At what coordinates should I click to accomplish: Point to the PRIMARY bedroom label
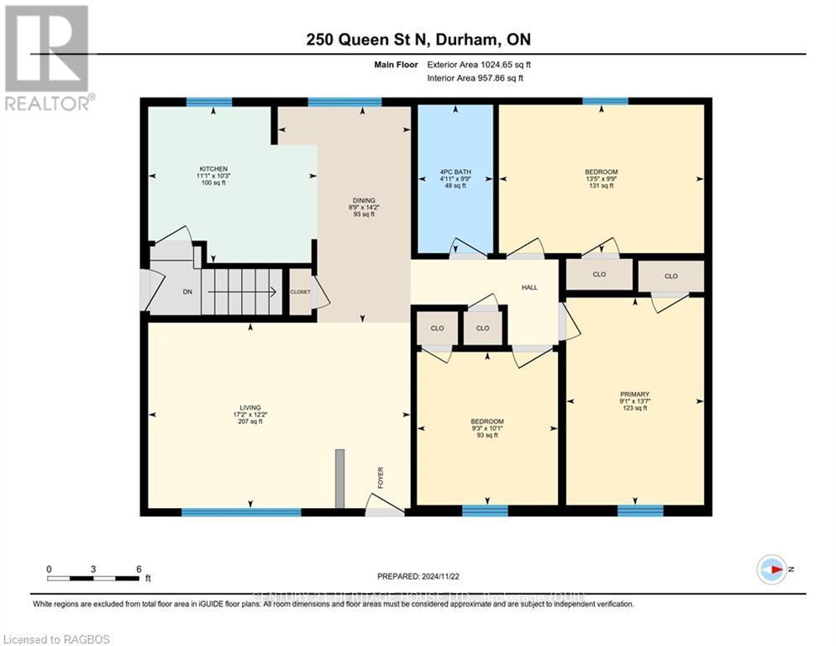[634, 394]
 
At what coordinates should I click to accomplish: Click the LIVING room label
[250, 405]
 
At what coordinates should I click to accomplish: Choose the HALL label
[529, 288]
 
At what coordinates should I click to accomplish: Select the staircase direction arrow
[243, 292]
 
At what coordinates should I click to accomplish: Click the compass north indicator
[770, 569]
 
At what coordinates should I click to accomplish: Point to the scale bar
[93, 578]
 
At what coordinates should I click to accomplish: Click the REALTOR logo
[47, 57]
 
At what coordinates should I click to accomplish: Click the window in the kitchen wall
[208, 102]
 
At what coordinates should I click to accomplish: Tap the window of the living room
[241, 511]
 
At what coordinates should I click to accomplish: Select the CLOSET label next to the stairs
[300, 292]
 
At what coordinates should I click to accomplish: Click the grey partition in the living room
[339, 478]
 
